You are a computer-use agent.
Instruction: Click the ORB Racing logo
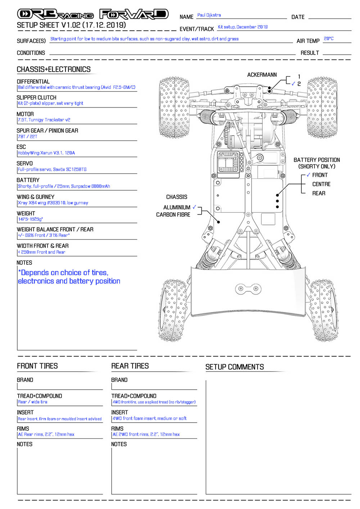tap(55, 14)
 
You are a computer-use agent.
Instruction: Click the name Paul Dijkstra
tap(209, 15)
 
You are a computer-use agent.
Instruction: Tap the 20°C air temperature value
tap(328, 39)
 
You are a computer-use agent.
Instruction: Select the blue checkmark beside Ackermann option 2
tap(293, 84)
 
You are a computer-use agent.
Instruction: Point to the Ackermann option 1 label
tap(299, 76)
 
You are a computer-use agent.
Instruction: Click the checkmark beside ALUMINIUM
tap(194, 207)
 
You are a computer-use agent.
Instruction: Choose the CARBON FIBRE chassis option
tap(173, 215)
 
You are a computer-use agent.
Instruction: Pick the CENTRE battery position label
tap(321, 184)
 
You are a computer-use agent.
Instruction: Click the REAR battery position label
tap(319, 193)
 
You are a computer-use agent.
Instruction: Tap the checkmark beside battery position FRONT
tap(308, 175)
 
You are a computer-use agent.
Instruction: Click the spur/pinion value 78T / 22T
tap(27, 136)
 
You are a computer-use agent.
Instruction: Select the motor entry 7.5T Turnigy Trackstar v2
tap(44, 120)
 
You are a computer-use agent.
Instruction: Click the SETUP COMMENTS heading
tap(235, 367)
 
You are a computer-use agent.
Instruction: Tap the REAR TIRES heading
tap(130, 366)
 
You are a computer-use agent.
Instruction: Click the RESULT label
tap(310, 53)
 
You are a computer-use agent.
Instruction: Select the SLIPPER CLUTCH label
tap(36, 98)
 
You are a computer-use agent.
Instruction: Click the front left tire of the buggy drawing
tap(174, 107)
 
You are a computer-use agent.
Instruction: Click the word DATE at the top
tap(298, 17)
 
